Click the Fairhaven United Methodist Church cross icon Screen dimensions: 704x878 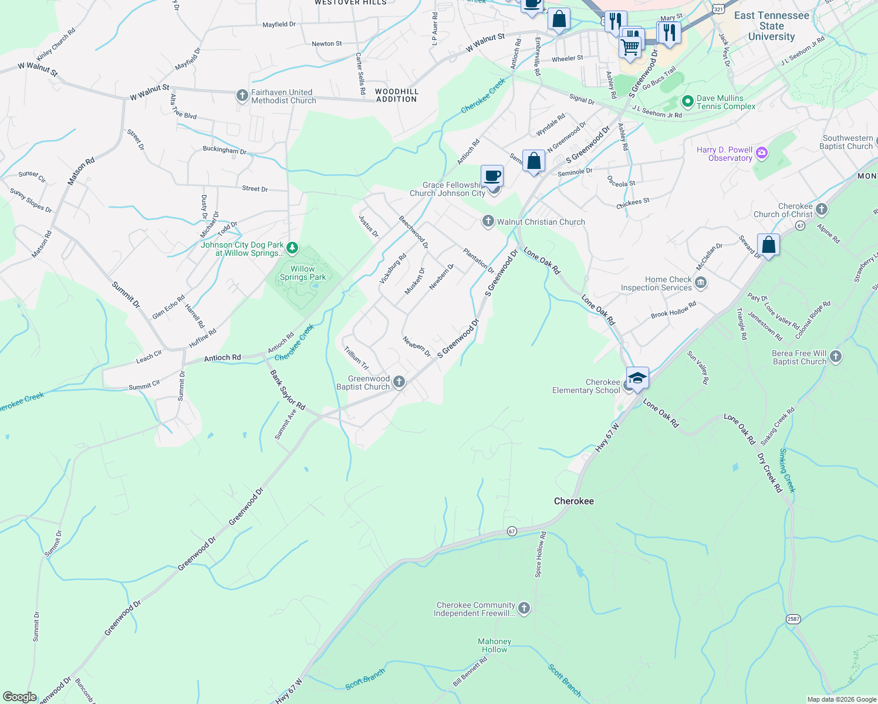(x=242, y=96)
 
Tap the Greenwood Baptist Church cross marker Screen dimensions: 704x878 (x=399, y=383)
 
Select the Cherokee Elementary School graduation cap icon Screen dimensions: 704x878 (x=637, y=378)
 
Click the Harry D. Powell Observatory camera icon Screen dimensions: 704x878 (x=762, y=153)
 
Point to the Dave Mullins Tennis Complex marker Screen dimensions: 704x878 (x=687, y=102)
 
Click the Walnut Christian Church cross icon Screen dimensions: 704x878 (x=488, y=221)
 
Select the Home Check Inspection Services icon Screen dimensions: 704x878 (x=700, y=283)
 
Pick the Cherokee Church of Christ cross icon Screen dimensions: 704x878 (x=822, y=209)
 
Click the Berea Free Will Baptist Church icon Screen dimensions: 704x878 (x=836, y=357)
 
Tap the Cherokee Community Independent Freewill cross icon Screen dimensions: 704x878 (x=524, y=608)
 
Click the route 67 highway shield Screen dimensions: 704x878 (x=512, y=532)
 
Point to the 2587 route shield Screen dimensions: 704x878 (x=793, y=619)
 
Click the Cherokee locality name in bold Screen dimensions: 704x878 (x=574, y=501)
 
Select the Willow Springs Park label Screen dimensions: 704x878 (x=303, y=273)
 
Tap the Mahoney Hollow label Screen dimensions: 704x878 (x=494, y=645)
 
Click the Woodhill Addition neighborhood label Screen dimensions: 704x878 (x=397, y=96)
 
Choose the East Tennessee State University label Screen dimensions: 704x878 (x=771, y=26)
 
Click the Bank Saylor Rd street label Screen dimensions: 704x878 (x=288, y=390)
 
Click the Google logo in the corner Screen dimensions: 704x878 (x=20, y=697)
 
